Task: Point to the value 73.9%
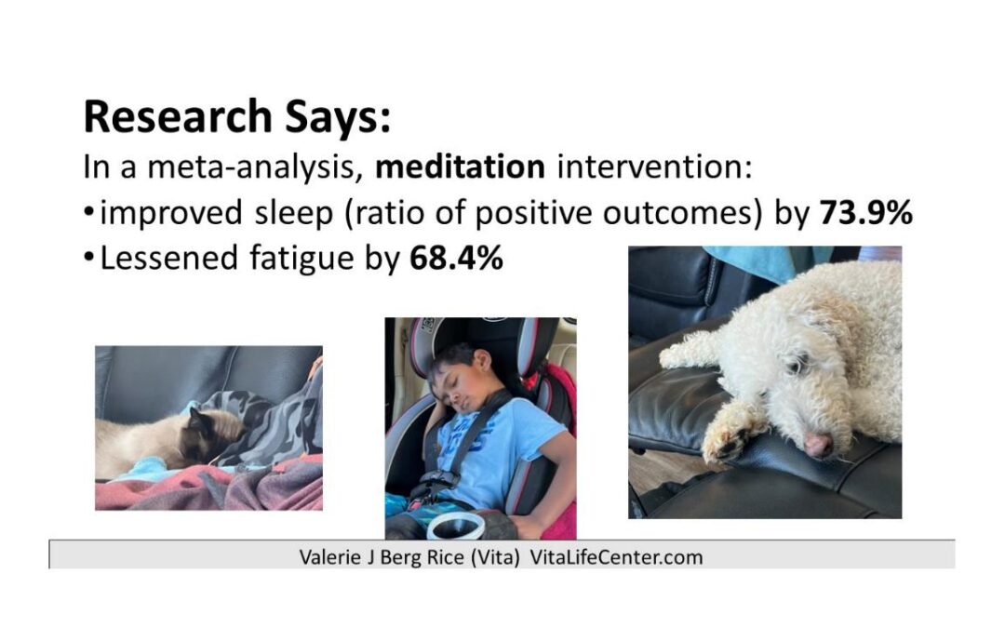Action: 866,213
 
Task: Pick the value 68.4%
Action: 456,258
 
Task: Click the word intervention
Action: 650,168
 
